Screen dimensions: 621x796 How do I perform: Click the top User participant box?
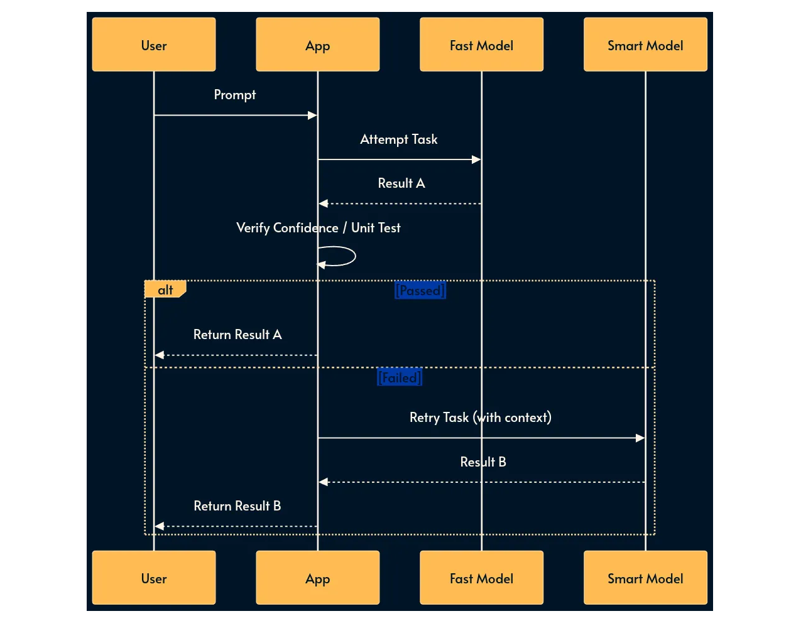pyautogui.click(x=154, y=45)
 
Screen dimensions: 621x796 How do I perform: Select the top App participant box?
pyautogui.click(x=317, y=45)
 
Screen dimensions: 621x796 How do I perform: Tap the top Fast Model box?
pyautogui.click(x=481, y=45)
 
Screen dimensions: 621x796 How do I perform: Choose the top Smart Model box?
pyautogui.click(x=645, y=45)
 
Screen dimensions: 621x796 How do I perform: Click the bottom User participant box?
pyautogui.click(x=154, y=578)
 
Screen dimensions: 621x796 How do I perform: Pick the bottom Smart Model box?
pyautogui.click(x=645, y=578)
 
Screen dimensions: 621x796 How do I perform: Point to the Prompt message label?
pyautogui.click(x=235, y=95)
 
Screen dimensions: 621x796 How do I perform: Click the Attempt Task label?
pyautogui.click(x=398, y=139)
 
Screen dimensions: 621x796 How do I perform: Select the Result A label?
pyautogui.click(x=401, y=183)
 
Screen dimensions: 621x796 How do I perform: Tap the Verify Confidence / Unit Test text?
pyautogui.click(x=318, y=228)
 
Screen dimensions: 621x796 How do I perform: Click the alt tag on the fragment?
pyautogui.click(x=165, y=289)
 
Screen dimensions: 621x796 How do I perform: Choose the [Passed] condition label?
pyautogui.click(x=420, y=290)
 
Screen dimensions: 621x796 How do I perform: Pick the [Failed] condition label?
pyautogui.click(x=399, y=377)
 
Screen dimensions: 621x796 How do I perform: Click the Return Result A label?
pyautogui.click(x=237, y=335)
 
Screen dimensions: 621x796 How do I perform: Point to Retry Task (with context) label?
pyautogui.click(x=480, y=418)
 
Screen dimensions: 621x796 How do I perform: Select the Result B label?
pyautogui.click(x=483, y=462)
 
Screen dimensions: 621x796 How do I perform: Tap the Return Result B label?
pyautogui.click(x=237, y=506)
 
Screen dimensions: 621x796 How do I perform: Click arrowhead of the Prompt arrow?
pyautogui.click(x=312, y=115)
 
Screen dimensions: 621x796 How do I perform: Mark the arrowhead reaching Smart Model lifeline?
pyautogui.click(x=640, y=438)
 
